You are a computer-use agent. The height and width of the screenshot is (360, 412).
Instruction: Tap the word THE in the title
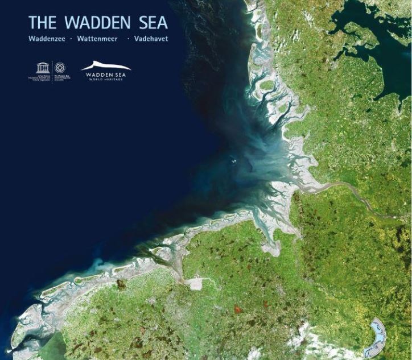coord(42,22)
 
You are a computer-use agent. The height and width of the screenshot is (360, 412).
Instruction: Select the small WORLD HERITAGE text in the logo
coord(106,79)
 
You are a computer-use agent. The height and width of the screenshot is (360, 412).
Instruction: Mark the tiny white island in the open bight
coord(232,160)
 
